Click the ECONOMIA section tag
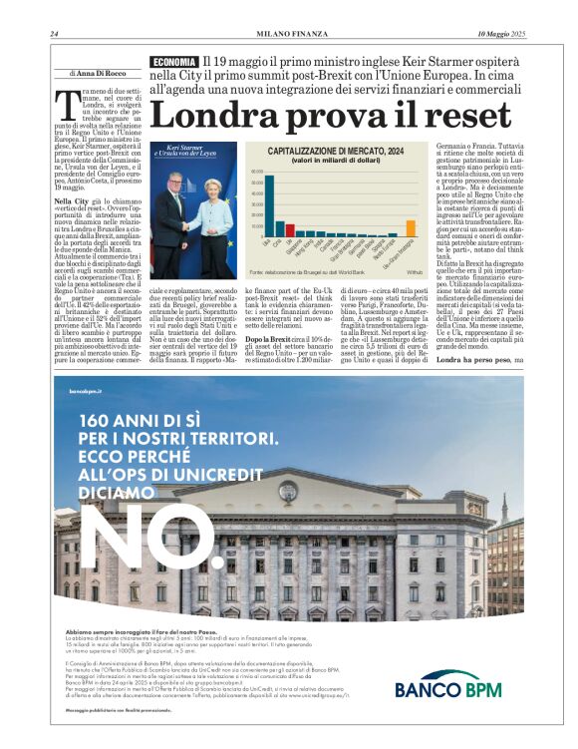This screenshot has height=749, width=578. [x=174, y=63]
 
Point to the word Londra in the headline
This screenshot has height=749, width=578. [x=222, y=115]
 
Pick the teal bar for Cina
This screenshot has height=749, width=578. [x=278, y=230]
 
